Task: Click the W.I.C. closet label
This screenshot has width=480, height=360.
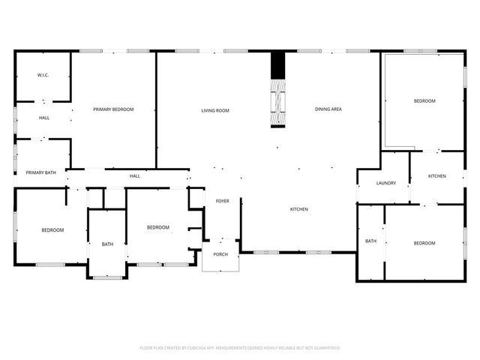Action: [43, 76]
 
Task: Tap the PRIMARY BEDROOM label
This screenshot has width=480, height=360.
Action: [113, 109]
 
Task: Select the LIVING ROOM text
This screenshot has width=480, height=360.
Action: [214, 110]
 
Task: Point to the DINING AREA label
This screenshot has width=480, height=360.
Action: [328, 109]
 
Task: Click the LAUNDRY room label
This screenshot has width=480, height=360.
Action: [386, 183]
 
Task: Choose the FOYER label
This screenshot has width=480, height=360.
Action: [223, 201]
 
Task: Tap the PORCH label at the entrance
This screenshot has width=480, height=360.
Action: [220, 253]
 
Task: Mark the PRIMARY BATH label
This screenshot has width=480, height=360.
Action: [40, 173]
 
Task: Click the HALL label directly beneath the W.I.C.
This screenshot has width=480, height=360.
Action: [44, 118]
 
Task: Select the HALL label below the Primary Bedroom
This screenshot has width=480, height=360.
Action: [135, 176]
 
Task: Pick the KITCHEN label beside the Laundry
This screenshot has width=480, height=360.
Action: [437, 176]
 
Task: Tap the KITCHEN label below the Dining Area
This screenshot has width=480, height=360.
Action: [299, 208]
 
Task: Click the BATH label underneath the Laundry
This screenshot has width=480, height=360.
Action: [370, 241]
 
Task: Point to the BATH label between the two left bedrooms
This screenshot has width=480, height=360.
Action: [107, 244]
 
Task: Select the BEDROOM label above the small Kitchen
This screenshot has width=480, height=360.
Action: [424, 101]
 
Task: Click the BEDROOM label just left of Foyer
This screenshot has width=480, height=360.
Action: [157, 228]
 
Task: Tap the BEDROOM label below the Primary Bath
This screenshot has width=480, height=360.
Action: [52, 230]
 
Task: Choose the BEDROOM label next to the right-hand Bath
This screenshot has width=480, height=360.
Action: [424, 243]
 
